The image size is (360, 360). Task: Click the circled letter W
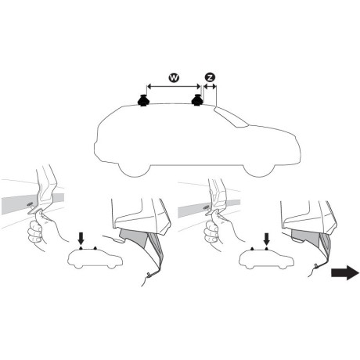click(173, 78)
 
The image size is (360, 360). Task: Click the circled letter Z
click(209, 77)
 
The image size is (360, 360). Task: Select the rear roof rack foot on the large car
click(143, 101)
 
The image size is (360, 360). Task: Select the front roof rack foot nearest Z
click(199, 101)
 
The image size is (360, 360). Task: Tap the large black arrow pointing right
click(344, 272)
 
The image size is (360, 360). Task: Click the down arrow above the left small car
click(81, 237)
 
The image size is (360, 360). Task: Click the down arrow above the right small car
click(267, 237)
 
